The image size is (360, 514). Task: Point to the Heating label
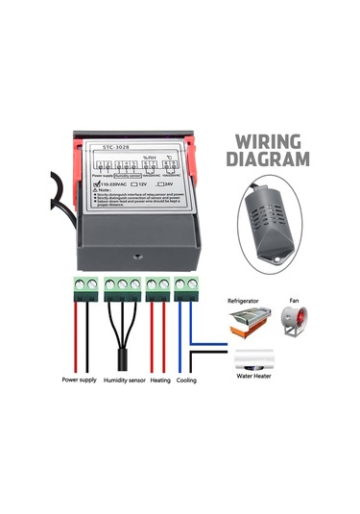pos(158,379)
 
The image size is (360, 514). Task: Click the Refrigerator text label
pos(244,301)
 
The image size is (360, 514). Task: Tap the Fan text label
pos(294,301)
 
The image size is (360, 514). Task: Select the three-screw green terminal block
pos(122,286)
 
